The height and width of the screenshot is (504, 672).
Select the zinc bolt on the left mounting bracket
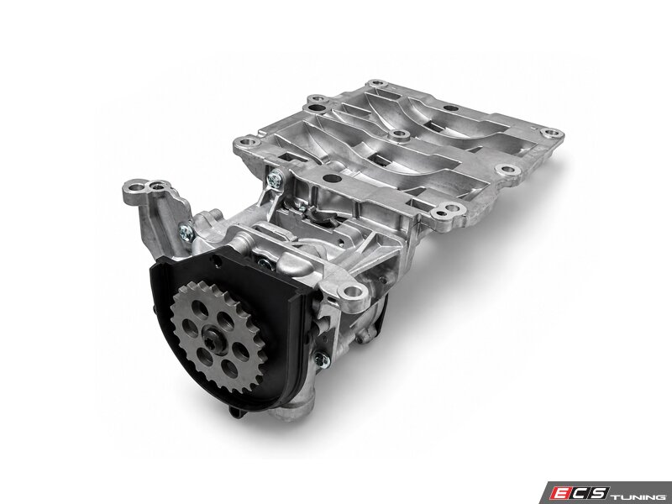tap(186, 233)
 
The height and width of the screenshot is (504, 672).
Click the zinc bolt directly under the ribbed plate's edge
tap(275, 179)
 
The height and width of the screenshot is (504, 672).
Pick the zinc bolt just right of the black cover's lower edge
tap(322, 360)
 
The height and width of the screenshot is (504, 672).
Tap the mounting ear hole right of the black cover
tap(352, 292)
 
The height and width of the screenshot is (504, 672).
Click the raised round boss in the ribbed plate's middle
tap(400, 135)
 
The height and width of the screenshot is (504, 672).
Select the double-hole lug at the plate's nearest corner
tap(448, 210)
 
